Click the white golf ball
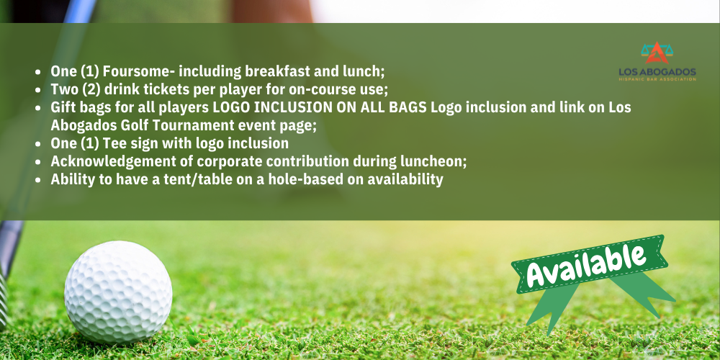[118, 292]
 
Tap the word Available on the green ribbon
[586, 265]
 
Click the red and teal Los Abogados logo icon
[657, 53]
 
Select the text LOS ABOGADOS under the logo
[657, 72]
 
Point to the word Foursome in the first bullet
[139, 71]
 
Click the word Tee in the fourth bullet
[114, 143]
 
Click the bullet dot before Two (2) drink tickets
[39, 90]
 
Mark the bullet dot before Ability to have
[39, 180]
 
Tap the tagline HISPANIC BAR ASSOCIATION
[657, 79]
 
